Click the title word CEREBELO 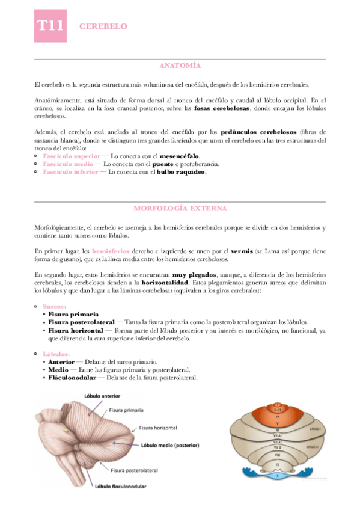click(103, 26)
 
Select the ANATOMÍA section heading click(180, 65)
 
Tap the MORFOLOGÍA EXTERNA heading click(180, 208)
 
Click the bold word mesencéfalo click(178, 156)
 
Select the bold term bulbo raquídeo click(181, 171)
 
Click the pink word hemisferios click(111, 250)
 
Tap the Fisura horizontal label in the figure click(159, 428)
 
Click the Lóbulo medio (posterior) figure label click(170, 446)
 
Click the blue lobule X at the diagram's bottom click(278, 475)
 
